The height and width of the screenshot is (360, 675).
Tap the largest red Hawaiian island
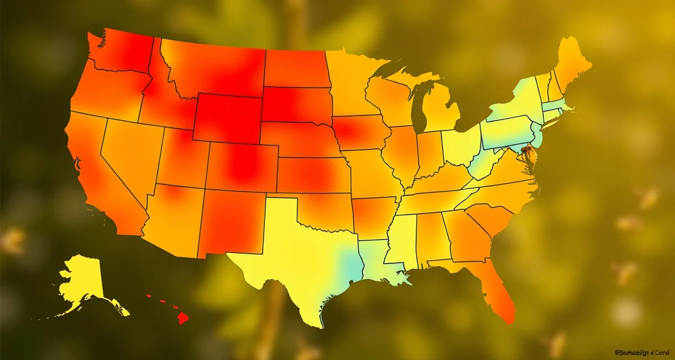coord(182,318)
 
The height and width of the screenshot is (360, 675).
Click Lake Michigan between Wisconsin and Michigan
coord(418,110)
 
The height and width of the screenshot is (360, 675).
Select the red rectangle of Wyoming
coord(228,118)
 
